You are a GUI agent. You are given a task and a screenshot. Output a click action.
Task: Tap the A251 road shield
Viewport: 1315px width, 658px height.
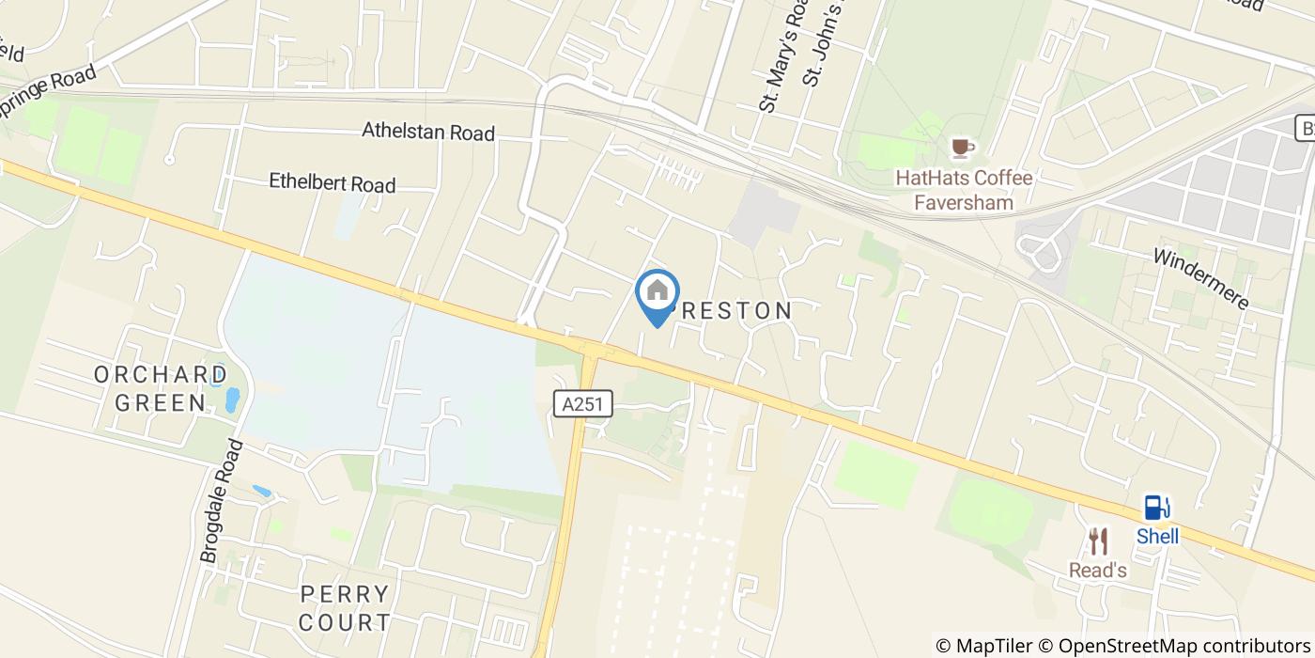tap(582, 404)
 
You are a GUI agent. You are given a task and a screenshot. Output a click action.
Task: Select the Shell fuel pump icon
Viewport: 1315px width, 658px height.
tap(1156, 508)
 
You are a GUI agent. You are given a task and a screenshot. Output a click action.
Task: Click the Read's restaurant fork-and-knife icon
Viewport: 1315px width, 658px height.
tap(1098, 541)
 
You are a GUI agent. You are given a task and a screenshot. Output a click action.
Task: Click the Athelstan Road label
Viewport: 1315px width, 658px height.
tap(428, 132)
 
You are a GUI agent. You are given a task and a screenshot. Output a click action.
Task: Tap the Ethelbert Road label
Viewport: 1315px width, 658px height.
tap(333, 182)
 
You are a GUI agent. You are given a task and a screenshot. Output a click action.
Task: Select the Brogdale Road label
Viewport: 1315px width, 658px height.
tap(223, 502)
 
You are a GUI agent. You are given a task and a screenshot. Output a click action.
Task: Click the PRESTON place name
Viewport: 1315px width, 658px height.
tap(733, 310)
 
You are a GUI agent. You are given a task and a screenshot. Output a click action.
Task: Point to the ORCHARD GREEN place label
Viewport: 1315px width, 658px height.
tap(161, 388)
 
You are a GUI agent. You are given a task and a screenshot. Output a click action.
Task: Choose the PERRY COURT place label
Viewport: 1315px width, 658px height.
tap(345, 607)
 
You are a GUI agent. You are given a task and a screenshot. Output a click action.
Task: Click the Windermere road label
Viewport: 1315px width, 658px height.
tap(1201, 279)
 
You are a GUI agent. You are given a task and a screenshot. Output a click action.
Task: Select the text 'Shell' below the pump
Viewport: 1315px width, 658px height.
tap(1157, 537)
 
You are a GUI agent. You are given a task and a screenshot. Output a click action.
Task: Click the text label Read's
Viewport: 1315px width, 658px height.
tap(1098, 571)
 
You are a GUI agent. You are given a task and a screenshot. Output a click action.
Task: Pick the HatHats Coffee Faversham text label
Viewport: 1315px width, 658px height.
tap(964, 190)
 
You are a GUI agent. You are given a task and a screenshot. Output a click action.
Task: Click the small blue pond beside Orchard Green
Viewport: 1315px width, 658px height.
tap(231, 399)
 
